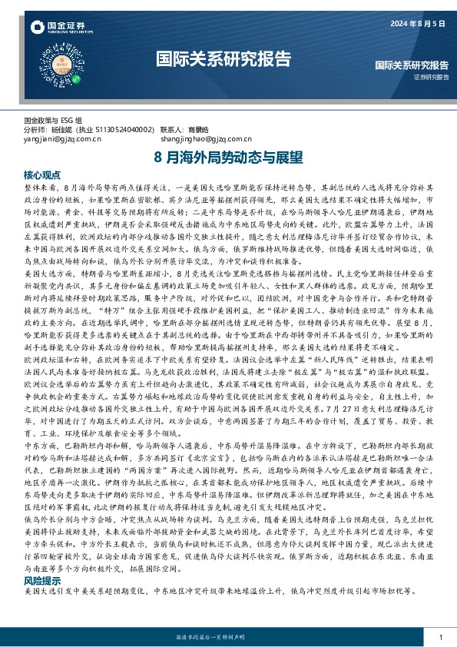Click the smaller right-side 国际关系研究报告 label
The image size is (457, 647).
[411, 66]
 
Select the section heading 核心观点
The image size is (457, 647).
[42, 175]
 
